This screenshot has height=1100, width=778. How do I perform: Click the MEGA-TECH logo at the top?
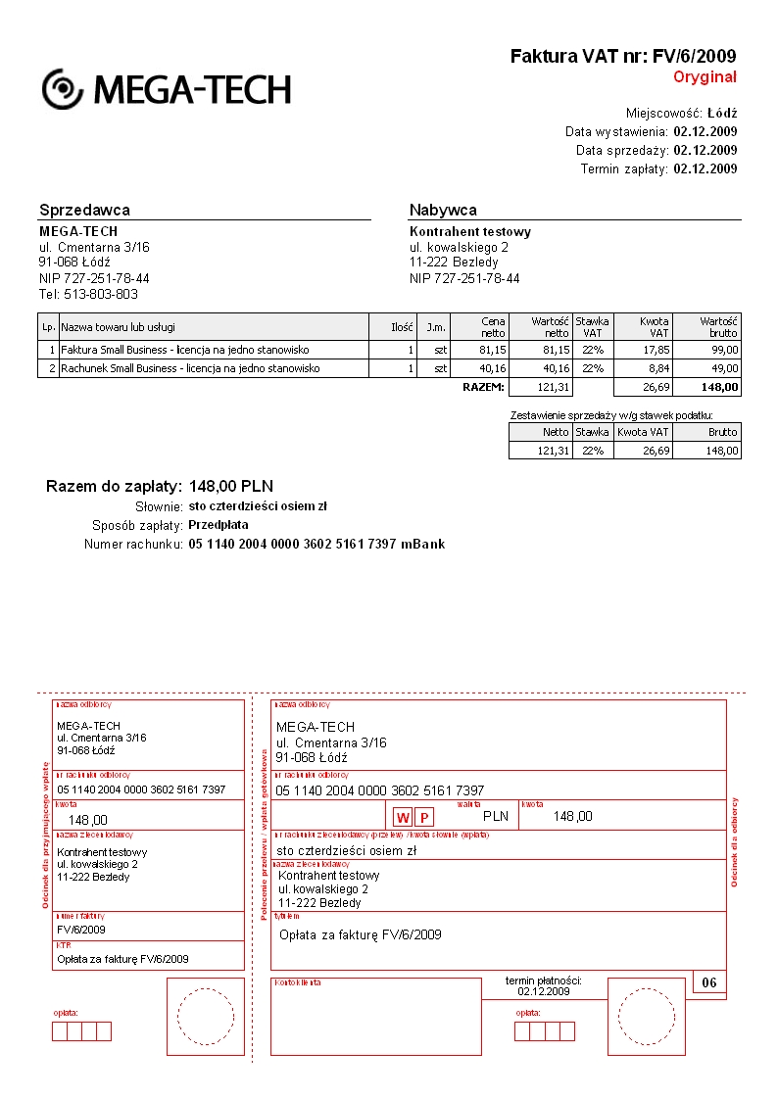click(167, 89)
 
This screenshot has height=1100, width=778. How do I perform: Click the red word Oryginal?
click(705, 77)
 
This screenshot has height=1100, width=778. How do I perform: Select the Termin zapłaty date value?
click(705, 168)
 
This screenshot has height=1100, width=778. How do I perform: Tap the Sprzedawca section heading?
click(84, 210)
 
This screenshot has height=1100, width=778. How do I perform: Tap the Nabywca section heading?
click(443, 210)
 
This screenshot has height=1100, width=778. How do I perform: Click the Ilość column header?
click(403, 327)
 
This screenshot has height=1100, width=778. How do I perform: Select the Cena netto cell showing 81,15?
click(492, 349)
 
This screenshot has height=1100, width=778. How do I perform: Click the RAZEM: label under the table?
click(483, 388)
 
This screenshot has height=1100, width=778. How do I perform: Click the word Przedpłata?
click(219, 525)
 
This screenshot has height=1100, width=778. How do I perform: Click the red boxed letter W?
click(403, 817)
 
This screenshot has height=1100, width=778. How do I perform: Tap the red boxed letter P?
click(424, 817)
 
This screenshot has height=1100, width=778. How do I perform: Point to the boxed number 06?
click(709, 982)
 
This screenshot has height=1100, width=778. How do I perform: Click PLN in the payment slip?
click(497, 815)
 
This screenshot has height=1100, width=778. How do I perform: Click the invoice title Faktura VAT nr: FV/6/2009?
click(623, 57)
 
